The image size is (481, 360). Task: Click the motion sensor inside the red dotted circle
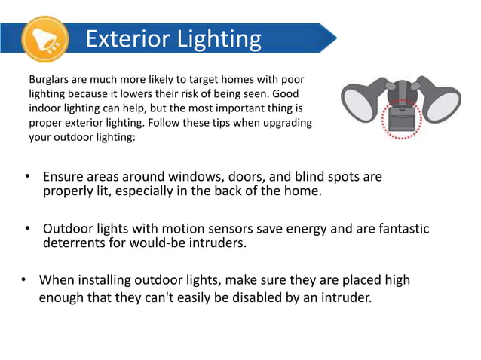pyautogui.click(x=402, y=121)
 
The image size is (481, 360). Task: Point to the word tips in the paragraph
pyautogui.click(x=225, y=122)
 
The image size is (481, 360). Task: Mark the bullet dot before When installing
pyautogui.click(x=23, y=281)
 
